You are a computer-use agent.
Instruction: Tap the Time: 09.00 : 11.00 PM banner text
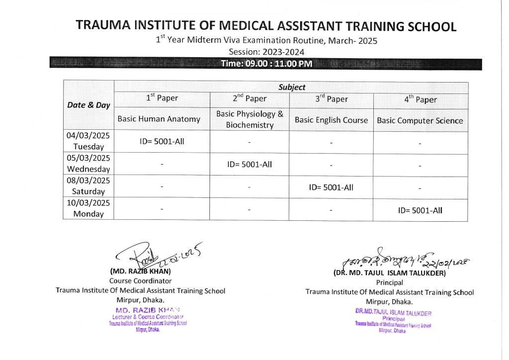[x=266, y=64]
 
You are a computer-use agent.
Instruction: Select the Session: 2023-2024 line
[x=266, y=52]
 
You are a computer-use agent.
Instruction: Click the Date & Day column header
[x=88, y=105]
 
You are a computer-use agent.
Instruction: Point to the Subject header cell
[x=292, y=87]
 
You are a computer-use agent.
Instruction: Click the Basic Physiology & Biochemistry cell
[x=250, y=119]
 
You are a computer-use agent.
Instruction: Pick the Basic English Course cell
[x=331, y=120]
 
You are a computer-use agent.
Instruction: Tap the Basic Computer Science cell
[x=420, y=120]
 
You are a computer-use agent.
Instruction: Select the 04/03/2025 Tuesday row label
[x=88, y=141]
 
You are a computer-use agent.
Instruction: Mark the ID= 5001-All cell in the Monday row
[x=420, y=210]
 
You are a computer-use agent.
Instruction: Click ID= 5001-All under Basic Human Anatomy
[x=162, y=141]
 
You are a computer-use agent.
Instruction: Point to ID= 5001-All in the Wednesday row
[x=250, y=164]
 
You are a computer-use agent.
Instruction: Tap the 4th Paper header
[x=420, y=99]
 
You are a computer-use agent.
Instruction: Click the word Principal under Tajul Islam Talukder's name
[x=389, y=282]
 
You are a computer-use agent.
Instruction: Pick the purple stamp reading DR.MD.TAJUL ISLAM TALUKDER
[x=393, y=313]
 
